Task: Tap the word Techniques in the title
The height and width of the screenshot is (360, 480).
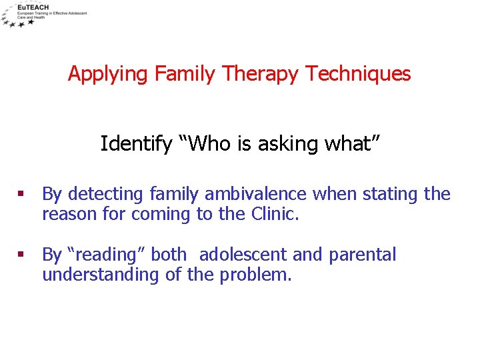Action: pyautogui.click(x=358, y=74)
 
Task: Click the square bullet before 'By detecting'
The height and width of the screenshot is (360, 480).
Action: pyautogui.click(x=22, y=195)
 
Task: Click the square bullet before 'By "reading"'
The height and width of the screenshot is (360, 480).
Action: pyautogui.click(x=22, y=255)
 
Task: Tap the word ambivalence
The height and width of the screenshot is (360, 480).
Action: pyautogui.click(x=255, y=195)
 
